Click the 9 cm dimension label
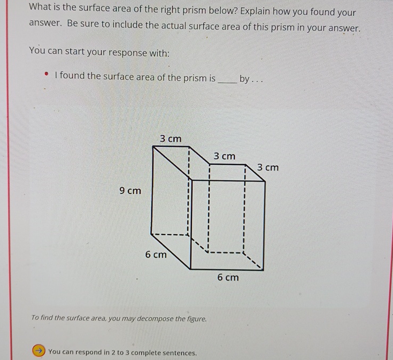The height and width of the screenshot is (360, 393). (x=130, y=190)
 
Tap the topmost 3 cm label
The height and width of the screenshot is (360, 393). (x=171, y=139)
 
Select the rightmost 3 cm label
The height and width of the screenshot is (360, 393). (x=268, y=167)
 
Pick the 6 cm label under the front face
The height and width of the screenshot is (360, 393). (x=228, y=278)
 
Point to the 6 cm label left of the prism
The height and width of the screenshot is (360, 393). (x=156, y=255)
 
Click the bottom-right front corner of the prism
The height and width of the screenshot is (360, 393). (x=265, y=269)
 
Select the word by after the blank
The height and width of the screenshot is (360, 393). (x=244, y=79)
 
